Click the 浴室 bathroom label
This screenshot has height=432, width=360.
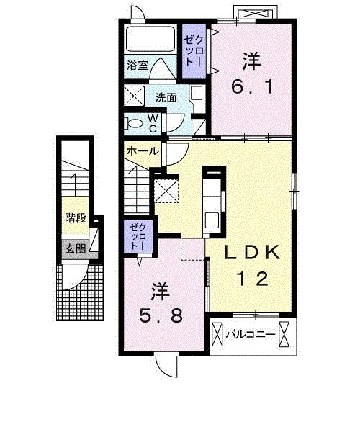(x=138, y=66)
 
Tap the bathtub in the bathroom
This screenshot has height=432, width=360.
(x=150, y=39)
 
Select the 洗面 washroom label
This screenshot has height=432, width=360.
(x=166, y=98)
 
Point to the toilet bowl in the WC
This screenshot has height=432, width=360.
(x=135, y=123)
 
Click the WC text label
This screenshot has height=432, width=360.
(x=153, y=123)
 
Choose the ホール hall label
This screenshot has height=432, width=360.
(x=143, y=151)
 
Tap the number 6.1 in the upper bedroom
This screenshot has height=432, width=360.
(x=252, y=87)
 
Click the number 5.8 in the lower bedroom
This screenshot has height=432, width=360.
(x=161, y=315)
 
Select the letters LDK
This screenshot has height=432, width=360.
(x=252, y=253)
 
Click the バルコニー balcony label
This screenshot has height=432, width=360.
(x=251, y=335)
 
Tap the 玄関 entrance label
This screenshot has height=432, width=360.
(x=76, y=249)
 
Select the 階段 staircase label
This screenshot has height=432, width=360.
(x=76, y=218)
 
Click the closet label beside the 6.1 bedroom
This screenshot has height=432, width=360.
(x=194, y=51)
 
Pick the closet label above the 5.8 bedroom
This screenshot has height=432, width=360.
(x=138, y=237)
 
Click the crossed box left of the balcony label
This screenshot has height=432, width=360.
(x=217, y=334)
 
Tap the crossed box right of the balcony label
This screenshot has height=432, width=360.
(x=284, y=334)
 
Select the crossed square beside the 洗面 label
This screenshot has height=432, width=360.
(x=134, y=96)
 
